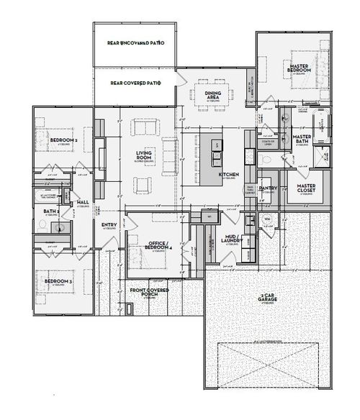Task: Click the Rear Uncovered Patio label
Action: (135, 44)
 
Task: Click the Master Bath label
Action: (302, 138)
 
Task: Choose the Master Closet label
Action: (307, 188)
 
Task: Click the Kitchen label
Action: (228, 175)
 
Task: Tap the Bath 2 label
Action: (50, 211)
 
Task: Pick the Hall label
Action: (83, 203)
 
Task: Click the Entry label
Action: (109, 226)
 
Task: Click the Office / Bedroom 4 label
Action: (156, 247)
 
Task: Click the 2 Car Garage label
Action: (267, 298)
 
